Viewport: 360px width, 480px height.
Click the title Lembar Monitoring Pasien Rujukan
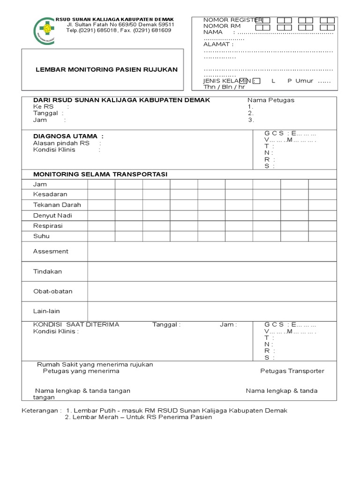tap(107, 69)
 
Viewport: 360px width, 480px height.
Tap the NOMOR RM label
tap(222, 26)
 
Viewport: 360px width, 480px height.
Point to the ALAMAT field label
tap(218, 44)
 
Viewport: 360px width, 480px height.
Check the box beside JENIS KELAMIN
tap(257, 81)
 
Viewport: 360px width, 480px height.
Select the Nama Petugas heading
tap(271, 100)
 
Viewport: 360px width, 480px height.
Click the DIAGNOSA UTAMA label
tap(68, 136)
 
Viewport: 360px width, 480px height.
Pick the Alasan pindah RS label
tap(61, 143)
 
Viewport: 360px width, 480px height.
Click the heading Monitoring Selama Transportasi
tap(100, 174)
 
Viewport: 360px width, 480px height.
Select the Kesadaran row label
tap(50, 194)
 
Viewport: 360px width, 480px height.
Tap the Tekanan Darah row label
tap(57, 205)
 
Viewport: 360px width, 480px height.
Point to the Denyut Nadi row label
tap(52, 216)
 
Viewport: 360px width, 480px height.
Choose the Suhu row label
tap(41, 236)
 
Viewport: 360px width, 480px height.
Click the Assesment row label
tap(51, 251)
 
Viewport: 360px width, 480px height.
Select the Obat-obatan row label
tap(52, 291)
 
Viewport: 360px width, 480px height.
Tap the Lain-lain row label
tap(46, 311)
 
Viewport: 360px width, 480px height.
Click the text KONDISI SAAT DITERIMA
tap(76, 324)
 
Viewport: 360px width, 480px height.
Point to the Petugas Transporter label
tap(292, 371)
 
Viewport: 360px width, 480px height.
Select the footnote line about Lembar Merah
tap(138, 417)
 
